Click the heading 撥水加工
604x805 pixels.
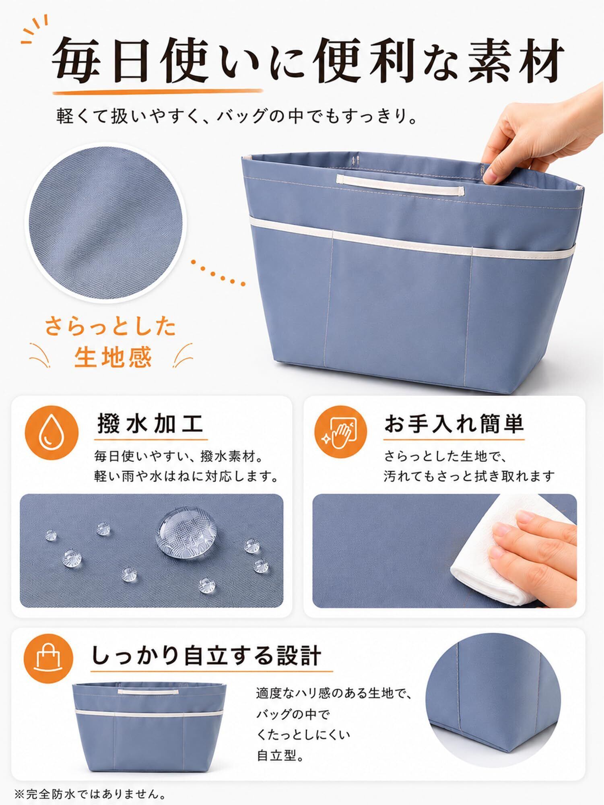point(150,424)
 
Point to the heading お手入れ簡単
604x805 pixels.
point(454,423)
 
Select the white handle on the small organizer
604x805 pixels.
point(148,691)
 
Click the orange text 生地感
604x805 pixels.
point(113,357)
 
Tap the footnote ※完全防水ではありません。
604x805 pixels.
point(91,794)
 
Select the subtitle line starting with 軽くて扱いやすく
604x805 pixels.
point(237,117)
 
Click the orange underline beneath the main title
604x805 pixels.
point(158,91)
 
